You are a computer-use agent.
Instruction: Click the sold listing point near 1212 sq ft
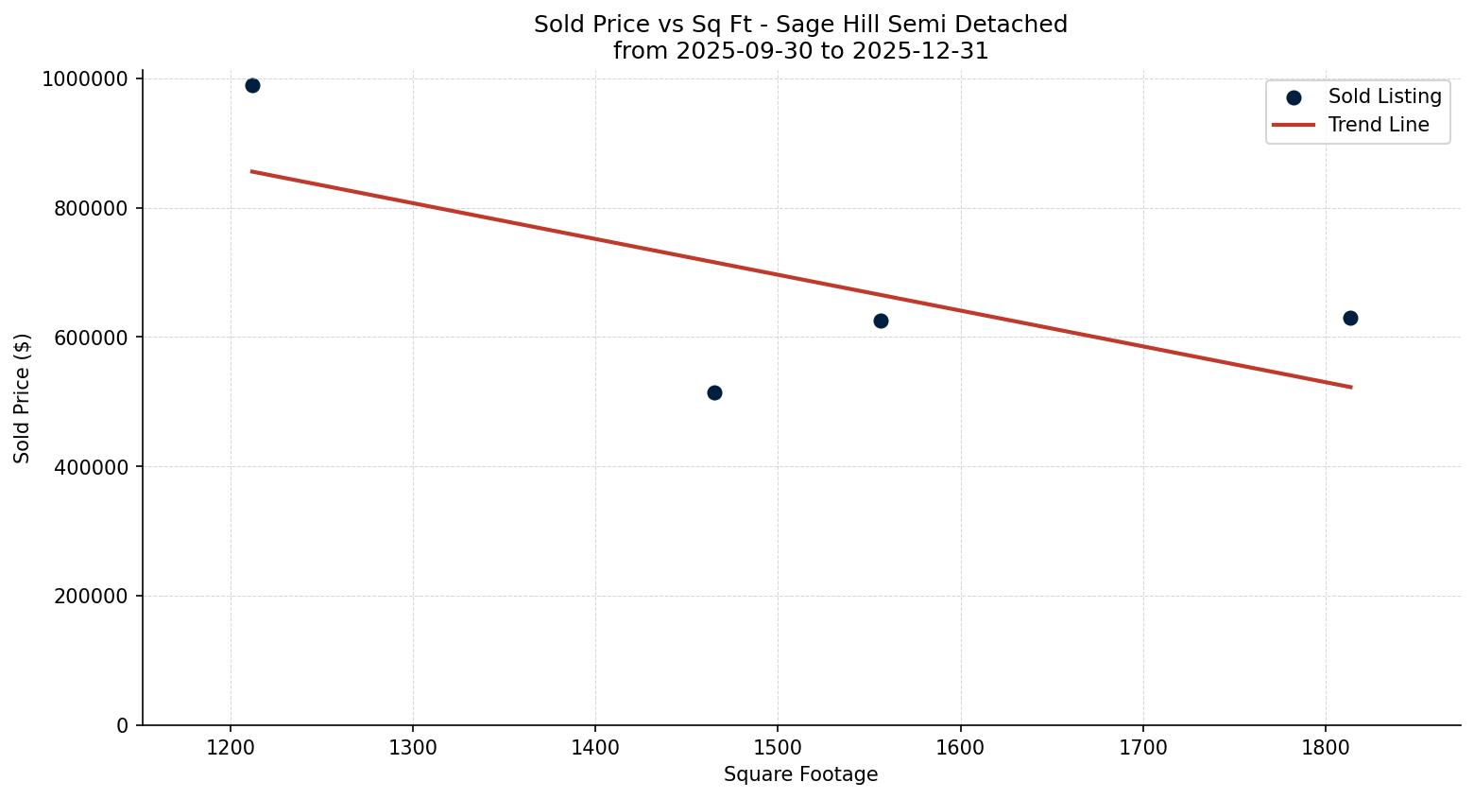(252, 86)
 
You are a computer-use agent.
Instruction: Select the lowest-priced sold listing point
(714, 392)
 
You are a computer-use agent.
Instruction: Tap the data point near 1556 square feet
(881, 321)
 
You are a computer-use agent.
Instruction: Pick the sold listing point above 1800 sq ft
(1350, 318)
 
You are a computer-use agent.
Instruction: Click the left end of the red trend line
(251, 171)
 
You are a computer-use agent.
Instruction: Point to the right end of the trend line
(1351, 387)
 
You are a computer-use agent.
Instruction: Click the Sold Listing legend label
(1384, 96)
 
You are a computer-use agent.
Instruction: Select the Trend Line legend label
(1378, 125)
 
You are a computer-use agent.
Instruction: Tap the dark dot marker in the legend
(1294, 97)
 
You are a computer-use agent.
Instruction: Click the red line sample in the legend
(1294, 125)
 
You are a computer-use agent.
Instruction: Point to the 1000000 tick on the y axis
(85, 79)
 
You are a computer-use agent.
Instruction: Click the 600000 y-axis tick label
(91, 338)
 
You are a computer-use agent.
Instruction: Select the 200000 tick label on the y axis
(91, 597)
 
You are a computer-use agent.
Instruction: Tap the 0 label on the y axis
(122, 726)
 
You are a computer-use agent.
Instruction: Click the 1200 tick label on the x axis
(231, 747)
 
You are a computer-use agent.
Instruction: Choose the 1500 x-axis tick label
(778, 747)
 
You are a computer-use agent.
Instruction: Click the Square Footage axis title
(800, 775)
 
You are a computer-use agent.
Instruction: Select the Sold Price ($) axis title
(23, 398)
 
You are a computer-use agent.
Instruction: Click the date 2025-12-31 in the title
(921, 51)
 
